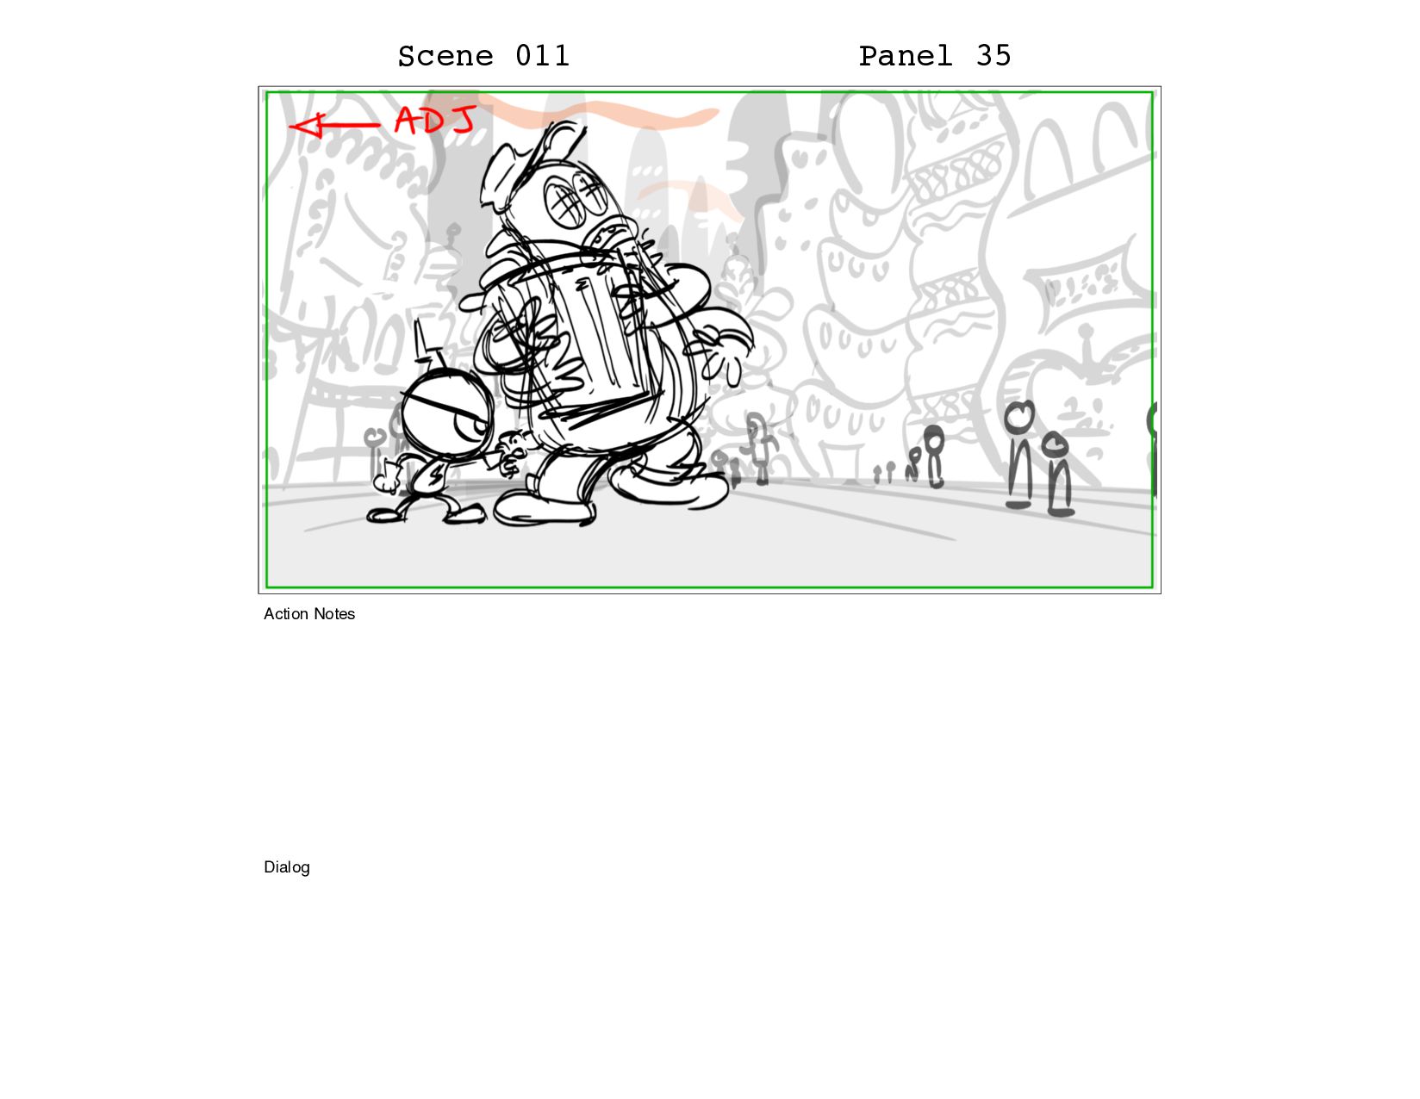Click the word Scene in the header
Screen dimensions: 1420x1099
point(445,56)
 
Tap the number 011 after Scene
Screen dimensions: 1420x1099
point(542,55)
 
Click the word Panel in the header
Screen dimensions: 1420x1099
point(905,55)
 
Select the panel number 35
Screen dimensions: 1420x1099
point(993,55)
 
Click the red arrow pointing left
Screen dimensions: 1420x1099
point(334,124)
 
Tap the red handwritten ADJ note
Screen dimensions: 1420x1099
point(435,121)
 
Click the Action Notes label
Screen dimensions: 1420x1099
point(309,614)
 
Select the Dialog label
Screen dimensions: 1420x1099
point(287,867)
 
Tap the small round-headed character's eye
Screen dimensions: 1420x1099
point(471,428)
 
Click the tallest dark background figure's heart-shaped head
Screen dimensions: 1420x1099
point(1018,415)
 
